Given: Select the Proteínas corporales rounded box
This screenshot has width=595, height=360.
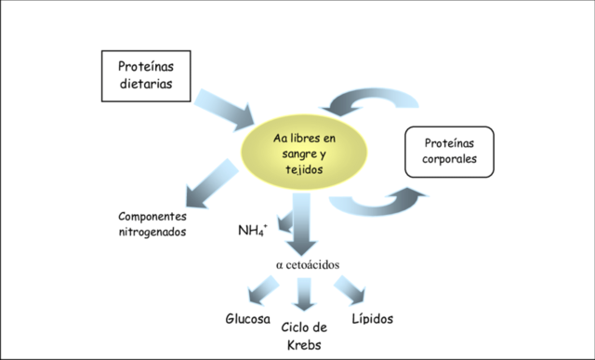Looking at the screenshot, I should (x=450, y=153).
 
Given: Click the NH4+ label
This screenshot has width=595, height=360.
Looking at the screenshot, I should (x=253, y=226).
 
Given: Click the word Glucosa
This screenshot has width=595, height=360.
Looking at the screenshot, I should (x=248, y=318).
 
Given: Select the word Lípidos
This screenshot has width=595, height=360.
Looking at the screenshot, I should (x=373, y=318).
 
